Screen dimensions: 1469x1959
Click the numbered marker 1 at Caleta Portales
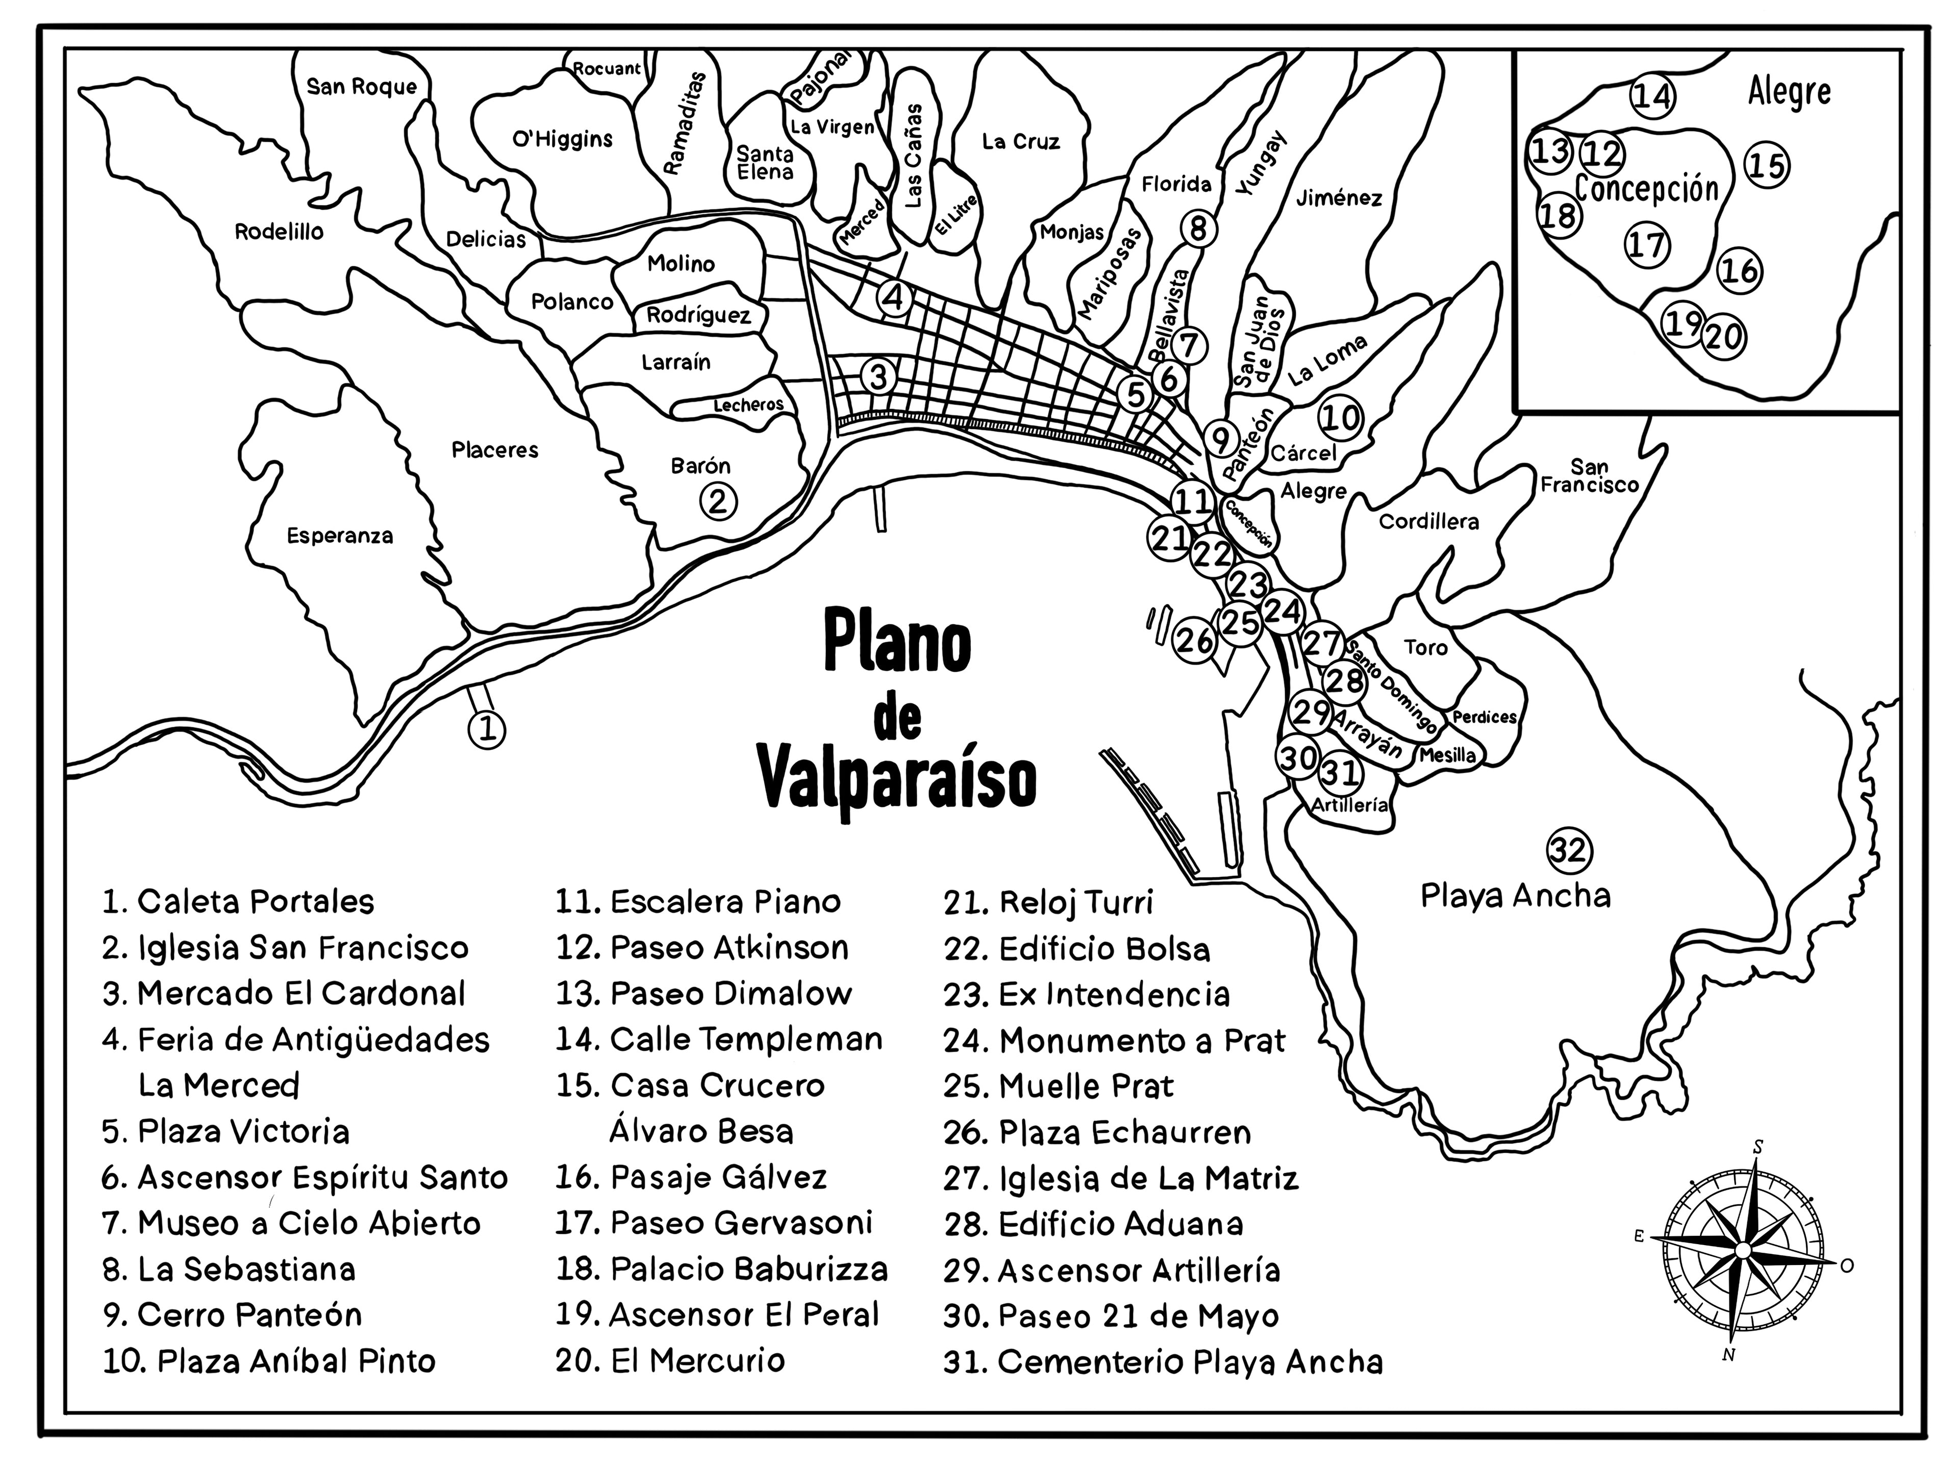(486, 730)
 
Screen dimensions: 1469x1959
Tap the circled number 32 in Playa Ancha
(1568, 851)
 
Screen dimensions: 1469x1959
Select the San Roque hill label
(361, 87)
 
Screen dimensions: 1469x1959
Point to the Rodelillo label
(279, 232)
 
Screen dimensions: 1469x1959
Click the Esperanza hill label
(339, 536)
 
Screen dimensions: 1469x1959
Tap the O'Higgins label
(562, 139)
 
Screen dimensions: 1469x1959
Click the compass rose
(1741, 1249)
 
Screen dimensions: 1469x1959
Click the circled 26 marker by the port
(1195, 640)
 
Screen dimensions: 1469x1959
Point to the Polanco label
(571, 302)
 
